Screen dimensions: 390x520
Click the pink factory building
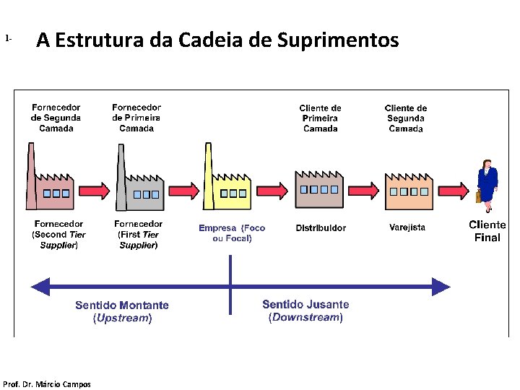50,188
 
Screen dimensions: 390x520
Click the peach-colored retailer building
408,191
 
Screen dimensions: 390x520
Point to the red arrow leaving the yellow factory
272,191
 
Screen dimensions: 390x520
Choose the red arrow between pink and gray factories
93,191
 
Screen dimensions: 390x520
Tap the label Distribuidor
321,228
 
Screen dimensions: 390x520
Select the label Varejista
407,227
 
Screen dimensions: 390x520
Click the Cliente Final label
487,231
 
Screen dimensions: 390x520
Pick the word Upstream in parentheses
122,318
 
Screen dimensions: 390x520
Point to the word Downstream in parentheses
305,317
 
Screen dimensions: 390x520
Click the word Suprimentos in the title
337,40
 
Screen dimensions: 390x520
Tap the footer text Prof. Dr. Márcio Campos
47,384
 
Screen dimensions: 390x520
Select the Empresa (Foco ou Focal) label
232,233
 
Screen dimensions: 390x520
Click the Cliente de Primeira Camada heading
320,118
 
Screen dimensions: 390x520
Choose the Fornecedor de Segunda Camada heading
56,118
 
